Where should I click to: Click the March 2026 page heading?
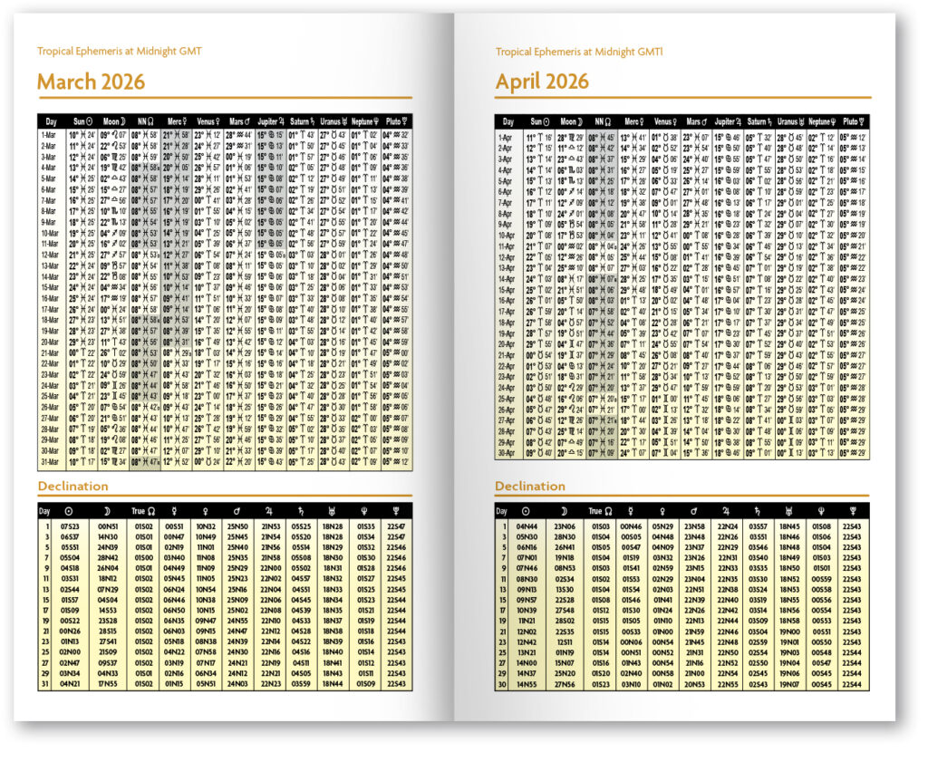pyautogui.click(x=91, y=82)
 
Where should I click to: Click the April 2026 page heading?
pyautogui.click(x=542, y=82)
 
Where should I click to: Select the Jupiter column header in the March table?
pyautogui.click(x=273, y=121)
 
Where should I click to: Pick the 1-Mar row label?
pyautogui.click(x=52, y=134)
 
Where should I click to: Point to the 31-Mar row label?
pyautogui.click(x=52, y=462)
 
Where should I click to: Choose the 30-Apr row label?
pyautogui.click(x=508, y=453)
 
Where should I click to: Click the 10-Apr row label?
pyautogui.click(x=508, y=235)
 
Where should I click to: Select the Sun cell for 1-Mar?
pyautogui.click(x=82, y=134)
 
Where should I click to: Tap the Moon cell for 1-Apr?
pyautogui.click(x=573, y=136)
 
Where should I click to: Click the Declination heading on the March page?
pyautogui.click(x=72, y=487)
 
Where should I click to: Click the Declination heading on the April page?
pyautogui.click(x=530, y=487)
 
